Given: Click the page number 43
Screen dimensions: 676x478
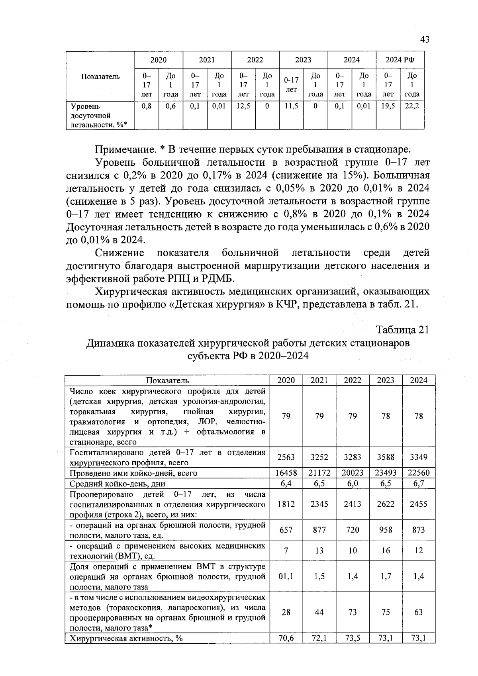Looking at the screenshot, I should [424, 39].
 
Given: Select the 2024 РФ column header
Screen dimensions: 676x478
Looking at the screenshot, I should [400, 60].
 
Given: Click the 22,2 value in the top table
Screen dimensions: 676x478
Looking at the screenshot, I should [412, 106].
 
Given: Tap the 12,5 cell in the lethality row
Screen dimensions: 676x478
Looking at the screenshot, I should [243, 106].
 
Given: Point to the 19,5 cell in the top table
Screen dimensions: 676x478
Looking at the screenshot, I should [388, 106].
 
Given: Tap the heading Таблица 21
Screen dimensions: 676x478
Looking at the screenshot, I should [403, 330].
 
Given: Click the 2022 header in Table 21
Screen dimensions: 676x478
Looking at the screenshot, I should [352, 380].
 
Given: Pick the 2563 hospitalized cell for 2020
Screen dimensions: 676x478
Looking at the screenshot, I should [286, 457].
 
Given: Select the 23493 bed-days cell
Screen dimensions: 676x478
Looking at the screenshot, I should [386, 473].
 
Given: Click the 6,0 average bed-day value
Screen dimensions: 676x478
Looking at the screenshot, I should [352, 483].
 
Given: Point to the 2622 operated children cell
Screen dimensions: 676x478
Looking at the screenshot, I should [386, 504].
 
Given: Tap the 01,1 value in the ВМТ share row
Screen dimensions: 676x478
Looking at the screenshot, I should [286, 576].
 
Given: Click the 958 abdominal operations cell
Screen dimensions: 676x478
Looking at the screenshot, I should [386, 530].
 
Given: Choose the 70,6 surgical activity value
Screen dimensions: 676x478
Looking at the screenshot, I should [286, 639].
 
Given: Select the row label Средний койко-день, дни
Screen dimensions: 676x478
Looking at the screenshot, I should [117, 484].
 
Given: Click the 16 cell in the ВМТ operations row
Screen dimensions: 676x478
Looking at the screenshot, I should [386, 551].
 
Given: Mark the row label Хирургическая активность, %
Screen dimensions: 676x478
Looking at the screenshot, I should [126, 639].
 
